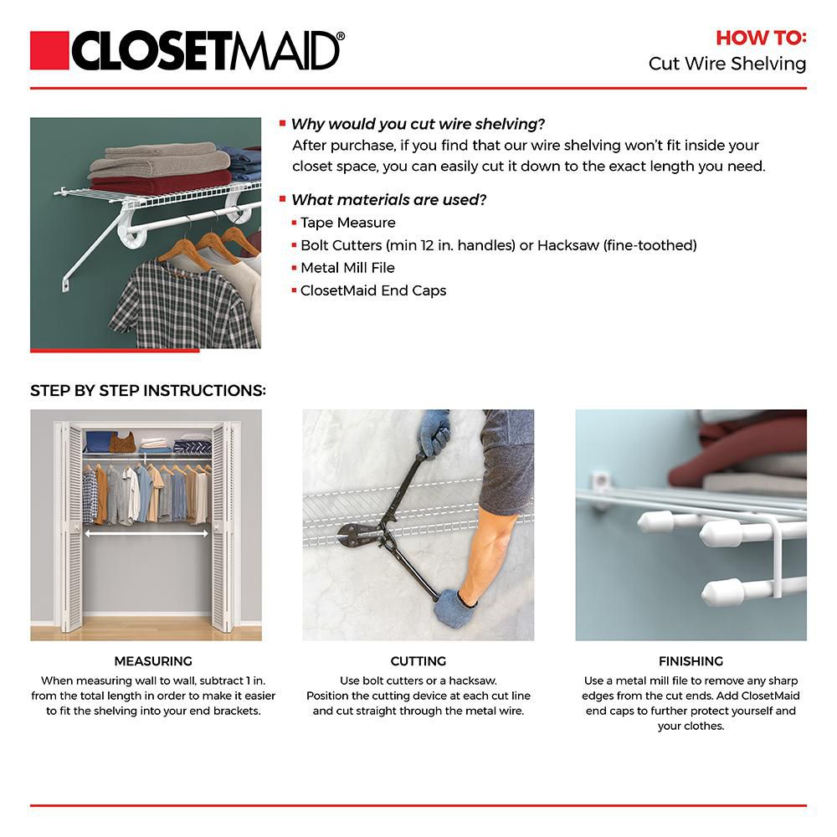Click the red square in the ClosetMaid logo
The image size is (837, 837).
[x=49, y=51]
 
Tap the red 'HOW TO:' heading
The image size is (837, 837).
[x=760, y=38]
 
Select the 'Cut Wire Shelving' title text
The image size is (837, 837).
[x=727, y=64]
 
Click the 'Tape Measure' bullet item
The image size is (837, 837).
[x=347, y=223]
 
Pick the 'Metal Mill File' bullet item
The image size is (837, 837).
[x=347, y=268]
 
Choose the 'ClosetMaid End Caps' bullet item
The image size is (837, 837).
[x=373, y=290]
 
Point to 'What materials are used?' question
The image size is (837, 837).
[x=388, y=199]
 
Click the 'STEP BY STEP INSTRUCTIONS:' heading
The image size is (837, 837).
[x=148, y=391]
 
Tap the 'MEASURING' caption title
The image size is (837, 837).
[x=153, y=661]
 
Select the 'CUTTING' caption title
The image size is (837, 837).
[x=418, y=661]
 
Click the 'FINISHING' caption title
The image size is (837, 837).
[x=691, y=661]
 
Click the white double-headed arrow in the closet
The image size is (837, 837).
[x=146, y=531]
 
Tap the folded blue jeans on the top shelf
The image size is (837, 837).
[x=244, y=162]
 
